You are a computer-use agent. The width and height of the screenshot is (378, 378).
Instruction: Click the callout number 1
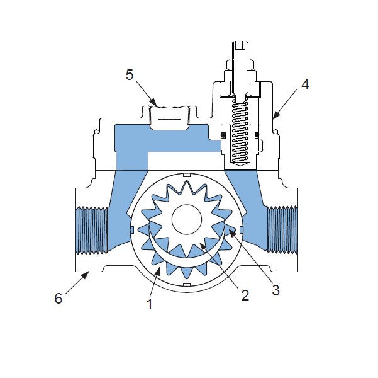[150, 304]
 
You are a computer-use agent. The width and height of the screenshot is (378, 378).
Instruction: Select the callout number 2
[245, 295]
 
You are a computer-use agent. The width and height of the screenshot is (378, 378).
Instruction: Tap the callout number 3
[275, 290]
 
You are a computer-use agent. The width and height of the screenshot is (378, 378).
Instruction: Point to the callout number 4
[305, 84]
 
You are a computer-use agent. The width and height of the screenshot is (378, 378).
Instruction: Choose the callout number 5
[130, 74]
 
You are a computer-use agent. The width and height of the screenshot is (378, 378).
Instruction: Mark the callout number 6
[58, 298]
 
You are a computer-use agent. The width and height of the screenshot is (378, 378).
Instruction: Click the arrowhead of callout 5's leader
[154, 103]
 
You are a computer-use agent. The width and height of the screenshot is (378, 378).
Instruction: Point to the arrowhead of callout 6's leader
[85, 275]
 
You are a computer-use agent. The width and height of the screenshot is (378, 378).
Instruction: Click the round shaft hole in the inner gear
[187, 219]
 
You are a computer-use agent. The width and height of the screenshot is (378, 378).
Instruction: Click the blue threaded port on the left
[91, 230]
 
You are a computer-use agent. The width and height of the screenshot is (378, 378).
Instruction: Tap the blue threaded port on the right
[282, 229]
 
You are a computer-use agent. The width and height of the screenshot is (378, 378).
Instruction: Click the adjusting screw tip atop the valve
[240, 45]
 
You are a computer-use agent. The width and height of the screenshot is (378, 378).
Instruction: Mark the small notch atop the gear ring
[187, 175]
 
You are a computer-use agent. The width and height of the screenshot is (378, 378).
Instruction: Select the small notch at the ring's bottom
[187, 284]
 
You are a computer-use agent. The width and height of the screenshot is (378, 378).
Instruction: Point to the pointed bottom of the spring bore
[240, 164]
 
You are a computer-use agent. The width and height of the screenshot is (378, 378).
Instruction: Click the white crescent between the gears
[187, 251]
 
